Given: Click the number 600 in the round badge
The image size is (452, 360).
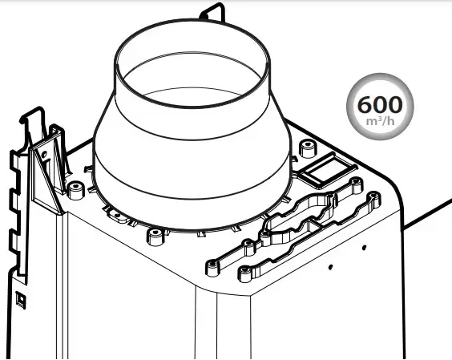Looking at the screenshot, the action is coord(380,105).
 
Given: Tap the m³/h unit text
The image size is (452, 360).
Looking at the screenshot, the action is coord(380,121).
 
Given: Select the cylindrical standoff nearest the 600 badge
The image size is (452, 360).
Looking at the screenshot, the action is coord(308,148).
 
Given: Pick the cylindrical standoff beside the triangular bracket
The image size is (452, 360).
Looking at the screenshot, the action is coord(75,190).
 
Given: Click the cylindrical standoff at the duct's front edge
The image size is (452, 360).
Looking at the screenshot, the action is coord(155,237).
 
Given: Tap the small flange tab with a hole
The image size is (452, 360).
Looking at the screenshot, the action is coord(118,216).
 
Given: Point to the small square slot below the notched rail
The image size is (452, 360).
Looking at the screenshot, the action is coord(21,299).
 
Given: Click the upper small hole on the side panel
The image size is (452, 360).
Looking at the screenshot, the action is coord(364,248).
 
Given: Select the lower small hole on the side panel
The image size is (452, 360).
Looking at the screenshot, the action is coord(330,267).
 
